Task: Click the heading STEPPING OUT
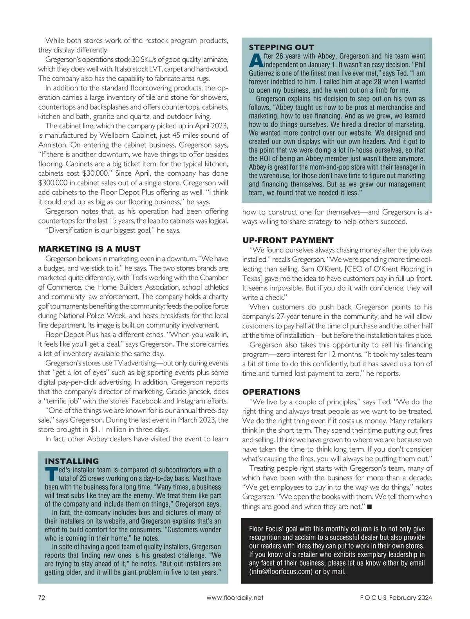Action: [281, 47]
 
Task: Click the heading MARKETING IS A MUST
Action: [89, 249]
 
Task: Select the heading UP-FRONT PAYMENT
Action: [288, 240]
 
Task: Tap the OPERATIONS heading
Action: [271, 392]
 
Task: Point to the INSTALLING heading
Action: [72, 461]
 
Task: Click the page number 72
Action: [42, 597]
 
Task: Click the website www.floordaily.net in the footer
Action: [235, 597]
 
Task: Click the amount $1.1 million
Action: [111, 430]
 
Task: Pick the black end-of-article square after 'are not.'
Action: [369, 507]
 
